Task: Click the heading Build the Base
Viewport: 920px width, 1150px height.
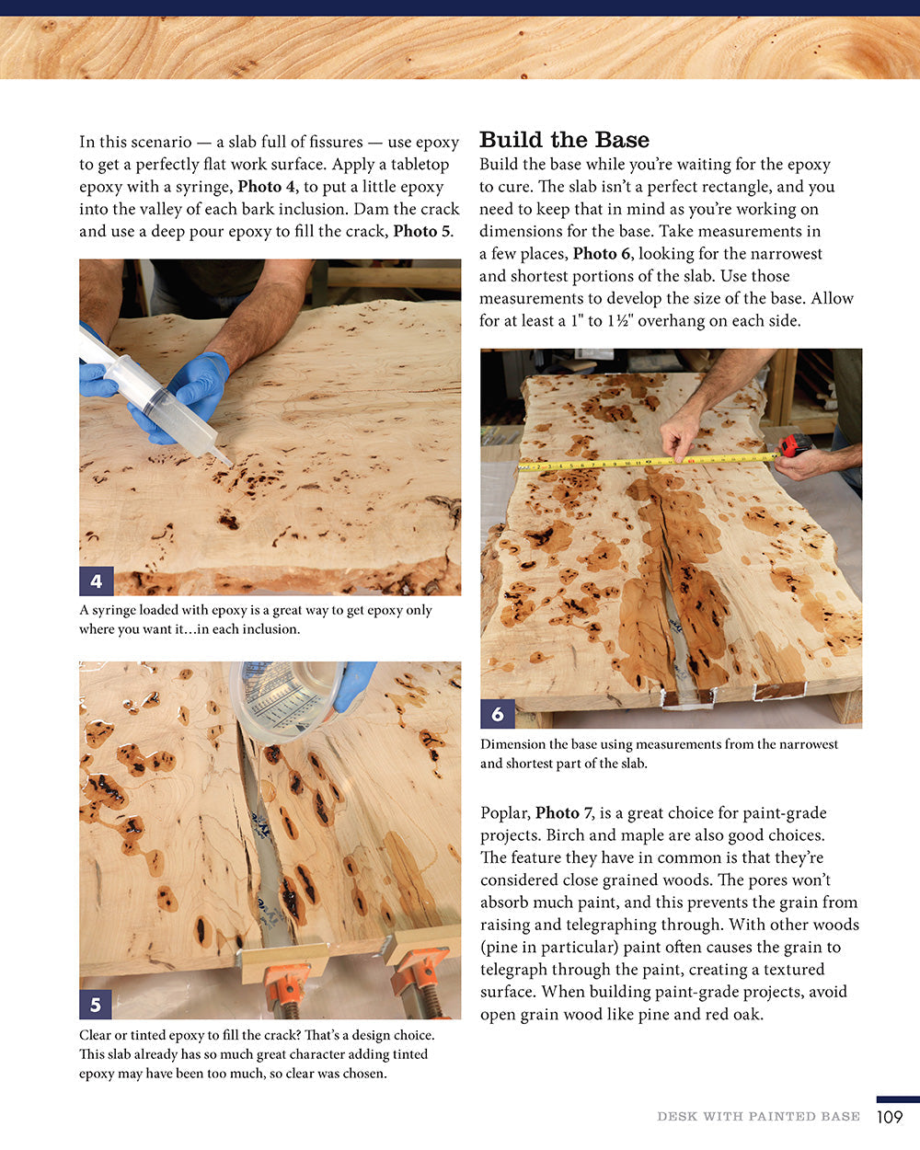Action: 564,140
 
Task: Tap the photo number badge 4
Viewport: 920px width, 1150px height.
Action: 96,581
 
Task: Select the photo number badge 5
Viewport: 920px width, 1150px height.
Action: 96,1003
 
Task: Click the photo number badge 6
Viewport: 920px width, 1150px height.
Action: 498,713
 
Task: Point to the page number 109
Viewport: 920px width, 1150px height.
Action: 890,1117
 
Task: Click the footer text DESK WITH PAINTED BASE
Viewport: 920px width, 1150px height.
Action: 758,1117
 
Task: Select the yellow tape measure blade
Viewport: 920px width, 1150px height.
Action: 644,461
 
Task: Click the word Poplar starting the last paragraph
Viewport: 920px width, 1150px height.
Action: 504,813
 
